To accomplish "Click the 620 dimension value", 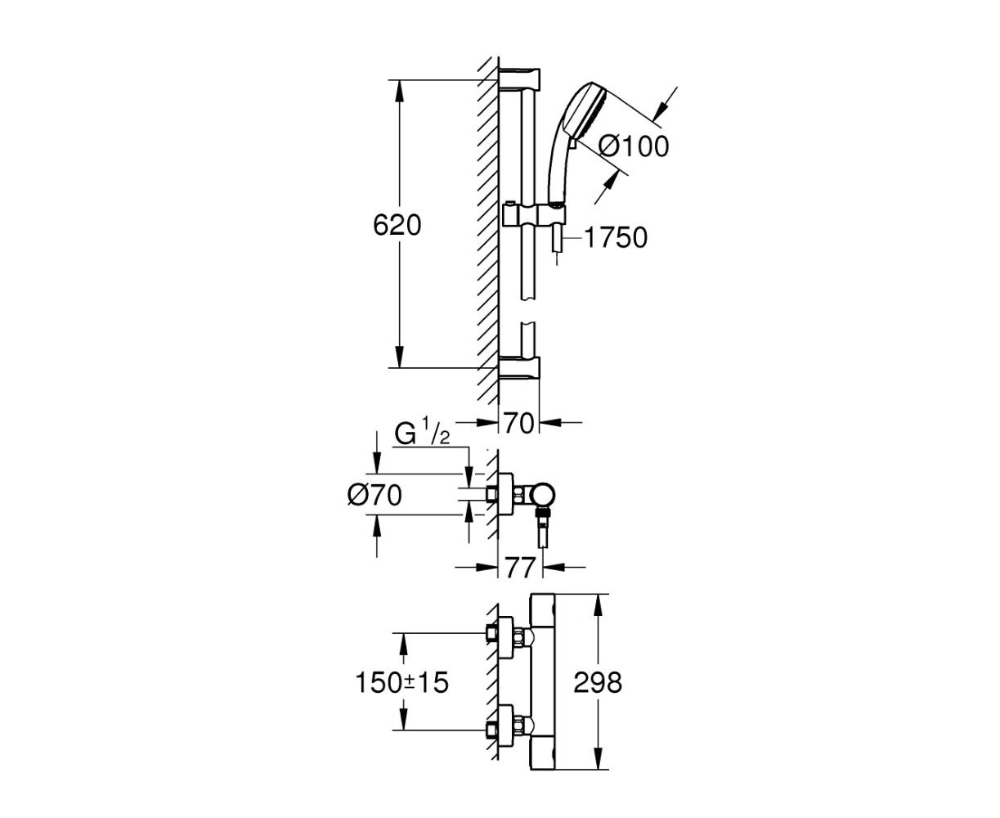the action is pos(397,226).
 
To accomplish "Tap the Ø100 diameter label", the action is pos(633,146).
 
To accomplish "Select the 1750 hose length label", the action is pos(616,238).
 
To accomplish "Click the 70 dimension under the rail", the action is pos(518,423).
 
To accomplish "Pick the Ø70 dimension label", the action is pos(374,496).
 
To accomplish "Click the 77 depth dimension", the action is pos(520,568).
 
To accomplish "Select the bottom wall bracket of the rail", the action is pos(519,368).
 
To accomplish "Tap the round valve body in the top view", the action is pos(542,496).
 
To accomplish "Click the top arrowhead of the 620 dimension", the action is pos(400,91).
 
